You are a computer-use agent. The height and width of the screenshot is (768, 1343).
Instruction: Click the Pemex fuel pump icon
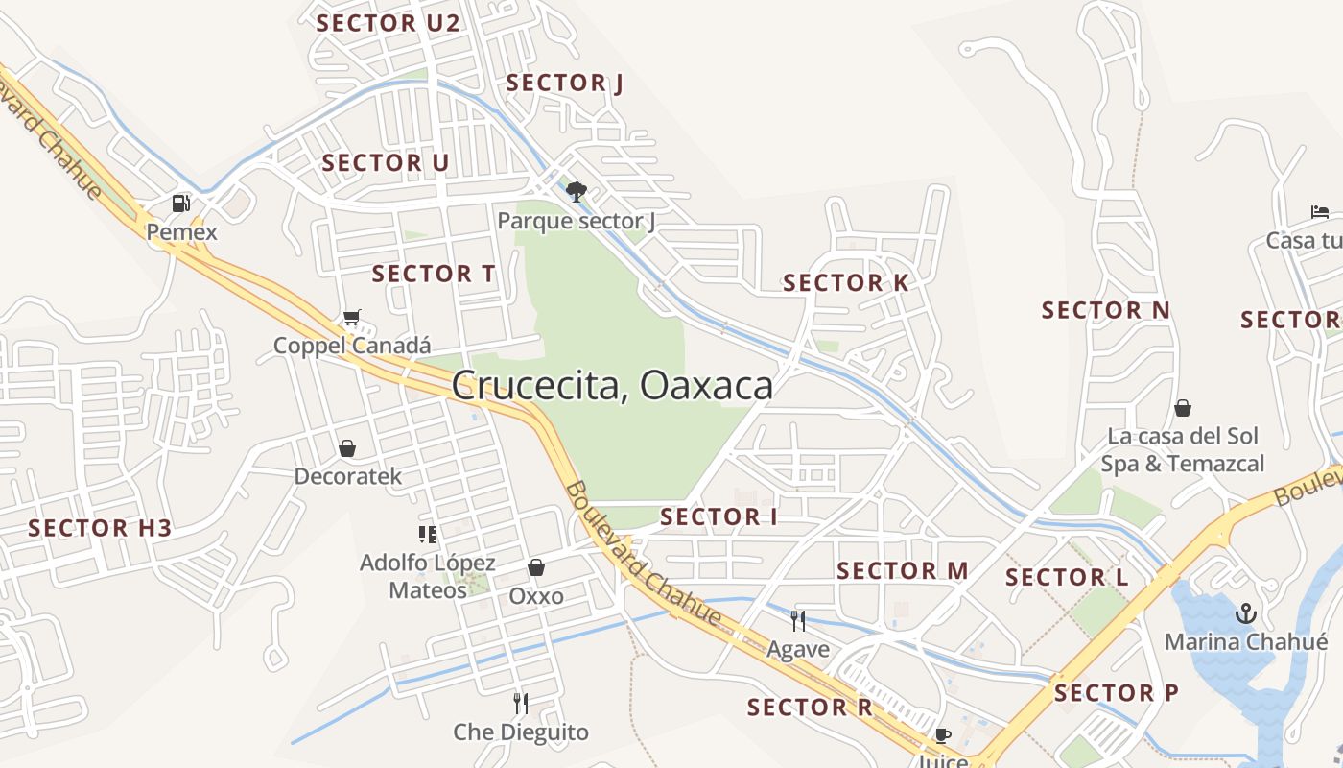pos(180,204)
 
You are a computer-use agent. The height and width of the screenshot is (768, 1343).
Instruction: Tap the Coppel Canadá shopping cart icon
pos(352,318)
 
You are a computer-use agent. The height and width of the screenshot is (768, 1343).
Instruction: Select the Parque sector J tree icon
pos(576,192)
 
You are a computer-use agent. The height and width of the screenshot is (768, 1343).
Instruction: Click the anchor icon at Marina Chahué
pos(1245,612)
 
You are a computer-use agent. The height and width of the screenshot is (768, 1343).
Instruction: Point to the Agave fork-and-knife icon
pos(797,620)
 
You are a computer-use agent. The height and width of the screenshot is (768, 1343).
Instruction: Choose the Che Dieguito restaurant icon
pos(521,704)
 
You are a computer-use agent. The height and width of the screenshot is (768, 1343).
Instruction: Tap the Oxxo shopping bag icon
pos(536,568)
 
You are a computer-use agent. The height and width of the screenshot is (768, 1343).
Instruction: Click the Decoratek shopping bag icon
pos(347,448)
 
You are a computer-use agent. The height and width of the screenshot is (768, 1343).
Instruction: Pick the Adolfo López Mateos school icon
pos(428,534)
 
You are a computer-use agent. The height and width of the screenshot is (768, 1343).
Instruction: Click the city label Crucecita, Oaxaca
pos(612,386)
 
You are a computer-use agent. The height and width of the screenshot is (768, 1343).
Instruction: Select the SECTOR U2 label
pos(389,24)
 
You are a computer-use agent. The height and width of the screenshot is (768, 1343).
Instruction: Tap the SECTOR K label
pos(845,283)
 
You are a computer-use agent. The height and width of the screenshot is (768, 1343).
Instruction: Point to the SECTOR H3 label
pos(100,528)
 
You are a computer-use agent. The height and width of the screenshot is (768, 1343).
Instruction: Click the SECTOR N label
pos(1106,310)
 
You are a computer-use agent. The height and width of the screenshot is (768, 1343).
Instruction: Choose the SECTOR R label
pos(810,708)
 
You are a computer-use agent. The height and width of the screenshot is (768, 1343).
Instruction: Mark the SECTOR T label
pos(434,274)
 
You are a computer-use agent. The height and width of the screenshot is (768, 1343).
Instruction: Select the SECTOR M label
pos(902,571)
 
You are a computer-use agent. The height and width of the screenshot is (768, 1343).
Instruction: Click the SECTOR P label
pos(1117,693)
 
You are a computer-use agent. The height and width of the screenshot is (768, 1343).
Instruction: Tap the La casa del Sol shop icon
pos(1183,408)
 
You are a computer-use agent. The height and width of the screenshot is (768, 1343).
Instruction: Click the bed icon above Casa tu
pos(1320,212)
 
